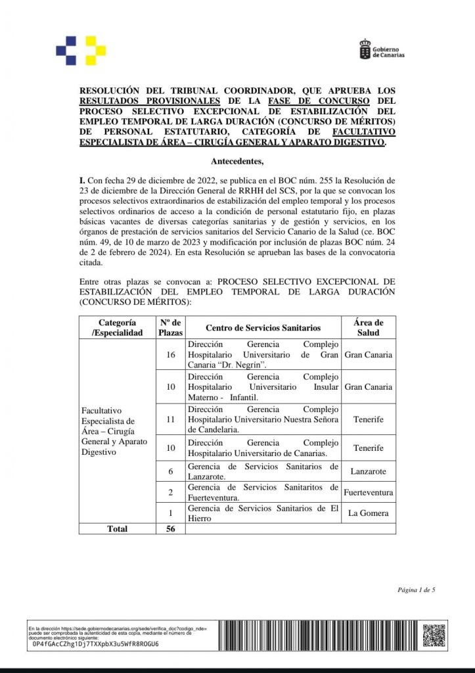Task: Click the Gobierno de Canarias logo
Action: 381,50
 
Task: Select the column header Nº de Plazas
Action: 170,327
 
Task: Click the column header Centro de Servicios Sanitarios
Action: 263,327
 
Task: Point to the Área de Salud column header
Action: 368,327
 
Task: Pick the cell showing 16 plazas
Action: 170,355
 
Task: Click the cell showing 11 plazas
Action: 170,419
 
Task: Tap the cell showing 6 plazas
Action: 170,471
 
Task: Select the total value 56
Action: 170,528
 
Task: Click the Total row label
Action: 118,528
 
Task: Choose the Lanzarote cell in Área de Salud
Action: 368,471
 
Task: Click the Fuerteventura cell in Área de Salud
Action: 368,492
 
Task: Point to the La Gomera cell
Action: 368,513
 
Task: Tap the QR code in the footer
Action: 434,636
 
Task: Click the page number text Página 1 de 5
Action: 416,590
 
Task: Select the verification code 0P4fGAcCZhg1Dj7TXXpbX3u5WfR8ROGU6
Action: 95,644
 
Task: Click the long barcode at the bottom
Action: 316,636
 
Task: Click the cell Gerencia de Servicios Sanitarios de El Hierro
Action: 263,513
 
